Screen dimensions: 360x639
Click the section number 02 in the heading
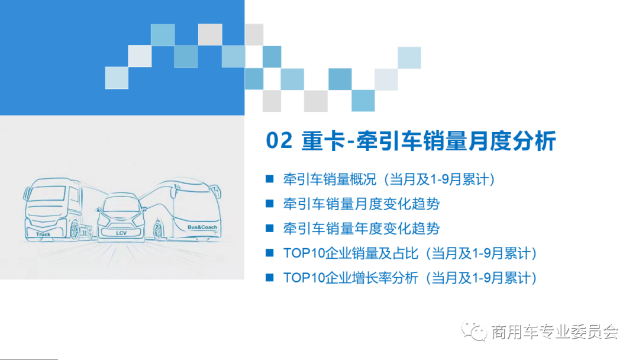(x=279, y=142)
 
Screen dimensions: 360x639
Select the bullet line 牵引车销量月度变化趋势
(x=361, y=204)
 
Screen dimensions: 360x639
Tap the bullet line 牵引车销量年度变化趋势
(x=361, y=228)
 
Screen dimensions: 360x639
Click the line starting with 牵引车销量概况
(x=388, y=179)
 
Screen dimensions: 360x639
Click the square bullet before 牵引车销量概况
(x=270, y=179)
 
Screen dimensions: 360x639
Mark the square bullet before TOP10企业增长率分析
(x=270, y=277)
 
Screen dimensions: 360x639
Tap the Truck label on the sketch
(x=43, y=234)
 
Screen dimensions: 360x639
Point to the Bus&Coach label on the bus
(x=202, y=227)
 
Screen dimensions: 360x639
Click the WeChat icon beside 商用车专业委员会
(x=475, y=330)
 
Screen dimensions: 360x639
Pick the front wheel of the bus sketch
(x=159, y=230)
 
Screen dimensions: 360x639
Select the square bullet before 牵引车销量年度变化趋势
(x=270, y=228)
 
